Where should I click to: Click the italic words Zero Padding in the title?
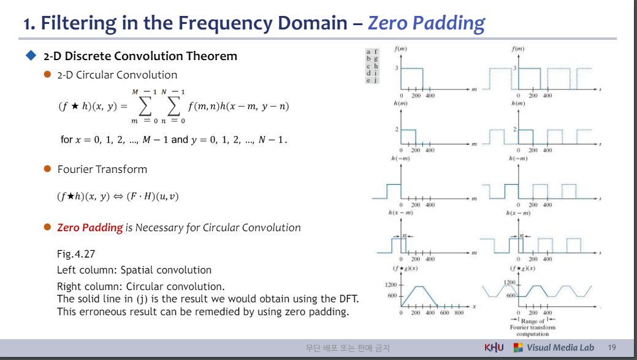(426, 23)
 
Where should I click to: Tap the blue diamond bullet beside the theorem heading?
(31, 56)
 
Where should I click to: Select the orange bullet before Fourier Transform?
(47, 169)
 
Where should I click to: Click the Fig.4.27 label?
(76, 254)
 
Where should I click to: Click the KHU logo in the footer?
(494, 348)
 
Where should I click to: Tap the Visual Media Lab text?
(560, 348)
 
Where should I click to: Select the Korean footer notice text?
(348, 348)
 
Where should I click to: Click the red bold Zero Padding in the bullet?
(90, 228)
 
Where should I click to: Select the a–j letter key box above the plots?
(372, 66)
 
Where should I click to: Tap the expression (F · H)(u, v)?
(153, 197)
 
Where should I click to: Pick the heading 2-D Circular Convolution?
(117, 75)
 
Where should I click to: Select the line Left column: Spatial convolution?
(134, 270)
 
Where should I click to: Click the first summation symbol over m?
(145, 106)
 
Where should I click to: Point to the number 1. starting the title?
(29, 23)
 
